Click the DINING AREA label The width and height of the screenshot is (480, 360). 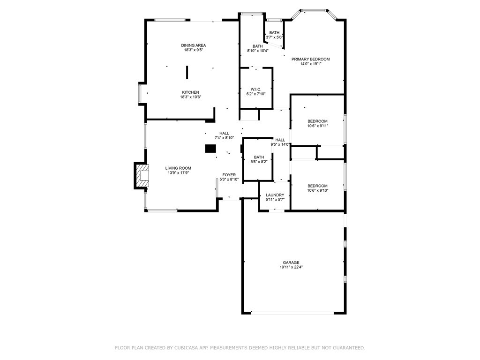tap(194, 45)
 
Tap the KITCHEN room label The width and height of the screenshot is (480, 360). tap(190, 92)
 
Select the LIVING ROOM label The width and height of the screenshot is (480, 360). tap(178, 168)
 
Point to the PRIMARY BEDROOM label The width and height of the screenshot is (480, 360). tap(310, 59)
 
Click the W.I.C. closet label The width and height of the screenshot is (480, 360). tap(256, 90)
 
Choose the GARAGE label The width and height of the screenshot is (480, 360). tap(291, 262)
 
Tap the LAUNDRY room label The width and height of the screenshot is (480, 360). tap(275, 195)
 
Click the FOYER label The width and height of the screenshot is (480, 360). tap(229, 175)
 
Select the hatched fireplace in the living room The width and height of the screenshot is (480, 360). tap(142, 176)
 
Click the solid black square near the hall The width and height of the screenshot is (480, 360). tap(210, 149)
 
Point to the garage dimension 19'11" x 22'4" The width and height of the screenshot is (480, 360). tap(291, 267)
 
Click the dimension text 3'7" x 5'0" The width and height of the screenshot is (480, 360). tap(274, 37)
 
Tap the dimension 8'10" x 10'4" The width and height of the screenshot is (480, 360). tap(258, 51)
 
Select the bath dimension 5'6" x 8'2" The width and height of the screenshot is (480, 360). tap(259, 162)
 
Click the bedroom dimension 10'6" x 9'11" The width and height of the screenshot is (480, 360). tap(318, 126)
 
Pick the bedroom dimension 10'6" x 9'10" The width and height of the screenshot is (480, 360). tap(318, 190)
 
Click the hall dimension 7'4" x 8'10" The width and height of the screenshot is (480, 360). tap(224, 138)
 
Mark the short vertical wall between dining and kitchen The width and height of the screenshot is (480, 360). tap(187, 72)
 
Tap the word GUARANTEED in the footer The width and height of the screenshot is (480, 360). tap(350, 348)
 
